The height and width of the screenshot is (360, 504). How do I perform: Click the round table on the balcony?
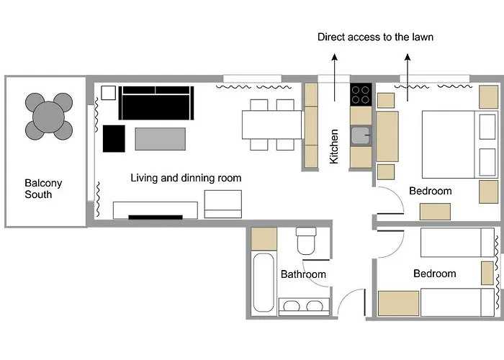(x=49, y=117)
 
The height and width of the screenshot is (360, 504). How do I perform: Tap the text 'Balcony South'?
(x=43, y=189)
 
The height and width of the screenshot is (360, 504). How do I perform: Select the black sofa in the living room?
(x=156, y=103)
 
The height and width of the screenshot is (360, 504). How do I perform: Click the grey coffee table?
(x=161, y=139)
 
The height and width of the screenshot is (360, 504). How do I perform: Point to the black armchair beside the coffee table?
(x=114, y=138)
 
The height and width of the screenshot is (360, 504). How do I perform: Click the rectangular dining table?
(x=271, y=125)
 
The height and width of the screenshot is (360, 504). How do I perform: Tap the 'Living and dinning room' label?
(x=186, y=178)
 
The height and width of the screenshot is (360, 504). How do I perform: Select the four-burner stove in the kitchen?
(x=361, y=95)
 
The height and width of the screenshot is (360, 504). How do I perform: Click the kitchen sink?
(x=361, y=135)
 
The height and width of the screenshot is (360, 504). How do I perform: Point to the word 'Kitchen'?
(x=334, y=146)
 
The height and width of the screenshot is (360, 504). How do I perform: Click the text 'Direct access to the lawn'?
(x=375, y=37)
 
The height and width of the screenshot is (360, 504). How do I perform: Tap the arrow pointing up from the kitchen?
(x=335, y=78)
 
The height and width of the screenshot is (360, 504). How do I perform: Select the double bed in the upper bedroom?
(x=459, y=145)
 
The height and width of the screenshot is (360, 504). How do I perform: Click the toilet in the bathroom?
(x=306, y=240)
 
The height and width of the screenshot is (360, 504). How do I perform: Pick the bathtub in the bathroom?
(x=264, y=282)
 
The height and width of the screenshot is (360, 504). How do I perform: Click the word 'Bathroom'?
(x=303, y=274)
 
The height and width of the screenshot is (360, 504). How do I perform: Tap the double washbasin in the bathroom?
(x=304, y=306)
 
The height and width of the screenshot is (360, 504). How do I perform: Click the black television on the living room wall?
(x=156, y=217)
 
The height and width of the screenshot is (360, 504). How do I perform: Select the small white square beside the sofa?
(x=108, y=93)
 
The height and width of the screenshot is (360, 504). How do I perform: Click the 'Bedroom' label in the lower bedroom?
(x=435, y=274)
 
